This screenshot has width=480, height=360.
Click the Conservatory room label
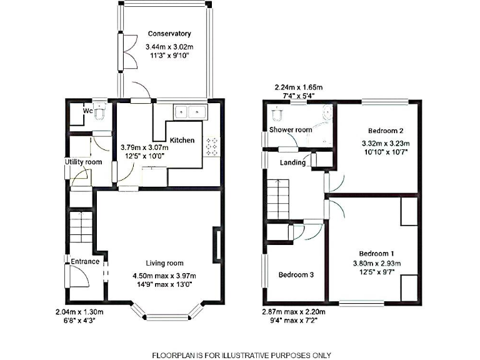(x=169, y=34)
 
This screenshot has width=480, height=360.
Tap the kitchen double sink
(x=191, y=112)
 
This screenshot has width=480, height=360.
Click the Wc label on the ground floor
(x=88, y=111)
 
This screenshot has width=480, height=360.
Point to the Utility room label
(x=83, y=162)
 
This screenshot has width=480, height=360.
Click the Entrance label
(x=84, y=261)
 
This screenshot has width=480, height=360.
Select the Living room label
(x=164, y=263)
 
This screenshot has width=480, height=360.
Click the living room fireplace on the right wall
(x=217, y=245)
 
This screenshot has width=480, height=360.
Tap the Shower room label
(x=290, y=130)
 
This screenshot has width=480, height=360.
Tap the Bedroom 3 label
(x=296, y=275)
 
